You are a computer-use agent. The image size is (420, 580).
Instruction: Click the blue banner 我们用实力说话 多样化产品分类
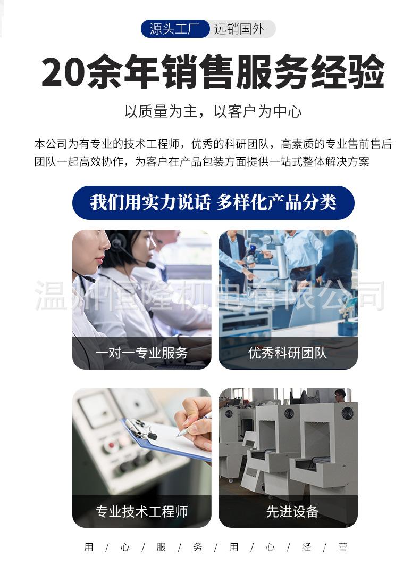[213, 203]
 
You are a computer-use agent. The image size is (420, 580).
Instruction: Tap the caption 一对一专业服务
[141, 353]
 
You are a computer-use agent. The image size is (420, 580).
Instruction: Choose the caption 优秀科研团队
[288, 353]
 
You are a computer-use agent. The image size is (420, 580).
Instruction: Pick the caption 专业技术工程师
[141, 512]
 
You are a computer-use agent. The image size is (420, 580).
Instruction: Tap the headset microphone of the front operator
[85, 277]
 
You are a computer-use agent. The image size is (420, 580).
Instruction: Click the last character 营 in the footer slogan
[342, 547]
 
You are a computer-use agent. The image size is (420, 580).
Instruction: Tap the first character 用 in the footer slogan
[89, 547]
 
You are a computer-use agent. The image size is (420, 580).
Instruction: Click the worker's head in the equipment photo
[340, 395]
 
